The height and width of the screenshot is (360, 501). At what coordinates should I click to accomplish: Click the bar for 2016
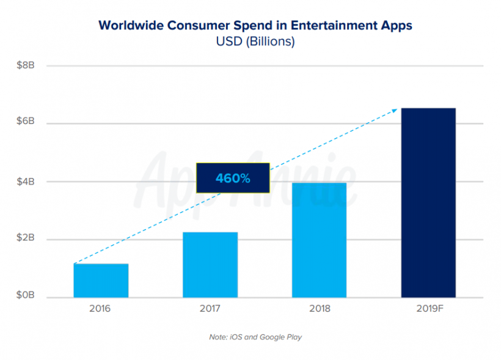[x=101, y=281]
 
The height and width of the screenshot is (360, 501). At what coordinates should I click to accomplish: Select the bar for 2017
[x=210, y=265]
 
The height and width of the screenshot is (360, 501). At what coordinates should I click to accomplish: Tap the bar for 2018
[x=319, y=240]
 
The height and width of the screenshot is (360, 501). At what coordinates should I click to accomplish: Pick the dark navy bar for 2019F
[x=428, y=203]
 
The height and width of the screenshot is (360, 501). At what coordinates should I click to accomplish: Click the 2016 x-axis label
[x=101, y=309]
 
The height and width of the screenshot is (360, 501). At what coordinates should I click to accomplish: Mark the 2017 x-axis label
[x=210, y=309]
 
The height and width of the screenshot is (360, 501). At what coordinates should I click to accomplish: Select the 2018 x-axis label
[x=319, y=309]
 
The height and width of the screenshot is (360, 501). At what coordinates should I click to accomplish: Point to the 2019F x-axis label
[x=428, y=309]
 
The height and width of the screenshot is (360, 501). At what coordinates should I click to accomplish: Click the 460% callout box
[x=232, y=178]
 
